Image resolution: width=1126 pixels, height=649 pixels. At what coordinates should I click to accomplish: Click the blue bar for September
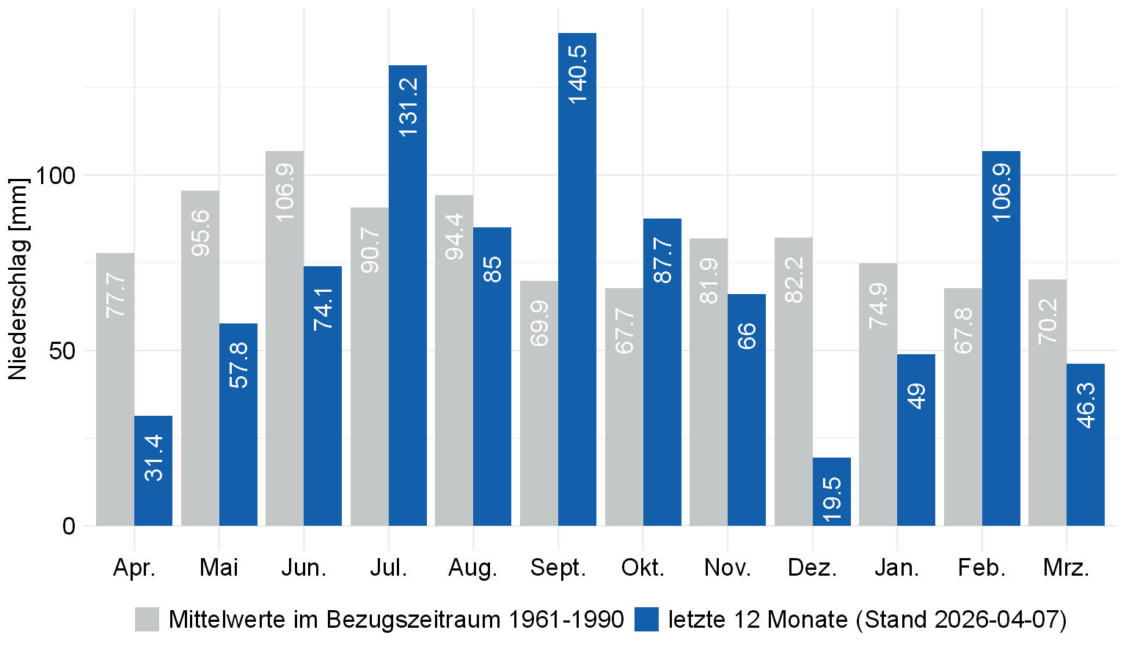(577, 293)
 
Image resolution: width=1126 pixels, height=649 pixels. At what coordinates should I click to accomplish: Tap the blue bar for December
(832, 491)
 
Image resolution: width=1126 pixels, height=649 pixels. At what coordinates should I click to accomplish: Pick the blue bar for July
(408, 308)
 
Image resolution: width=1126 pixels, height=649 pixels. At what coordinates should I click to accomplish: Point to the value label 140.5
(577, 74)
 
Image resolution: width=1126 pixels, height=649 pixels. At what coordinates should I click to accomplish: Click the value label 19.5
(832, 499)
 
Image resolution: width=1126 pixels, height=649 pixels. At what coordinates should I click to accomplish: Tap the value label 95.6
(200, 233)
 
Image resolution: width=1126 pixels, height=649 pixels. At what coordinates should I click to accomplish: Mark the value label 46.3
(1086, 405)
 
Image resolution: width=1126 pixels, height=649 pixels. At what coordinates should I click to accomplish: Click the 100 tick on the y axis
(55, 175)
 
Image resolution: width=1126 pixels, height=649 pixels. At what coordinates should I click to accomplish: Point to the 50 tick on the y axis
(62, 351)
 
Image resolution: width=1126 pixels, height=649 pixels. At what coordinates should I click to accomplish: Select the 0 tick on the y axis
(69, 526)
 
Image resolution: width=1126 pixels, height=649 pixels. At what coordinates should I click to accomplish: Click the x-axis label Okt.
(643, 568)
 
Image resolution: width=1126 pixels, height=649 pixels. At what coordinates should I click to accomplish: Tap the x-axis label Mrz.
(1066, 568)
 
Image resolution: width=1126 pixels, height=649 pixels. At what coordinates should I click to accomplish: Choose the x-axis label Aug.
(473, 568)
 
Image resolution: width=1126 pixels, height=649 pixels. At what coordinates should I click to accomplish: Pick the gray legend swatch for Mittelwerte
(147, 620)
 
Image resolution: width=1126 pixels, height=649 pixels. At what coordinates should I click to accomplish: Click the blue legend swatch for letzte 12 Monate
(646, 620)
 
